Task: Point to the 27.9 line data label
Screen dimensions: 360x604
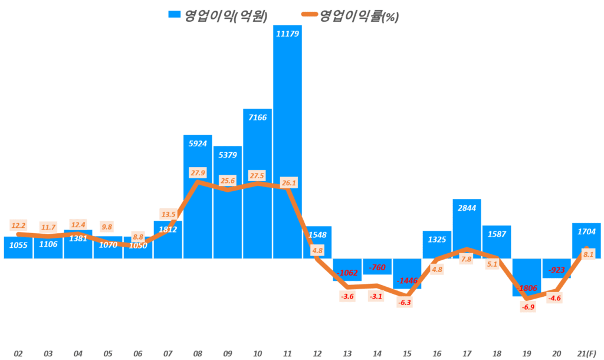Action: point(197,172)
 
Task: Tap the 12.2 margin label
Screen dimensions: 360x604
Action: point(18,225)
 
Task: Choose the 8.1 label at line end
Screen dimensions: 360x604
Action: point(587,254)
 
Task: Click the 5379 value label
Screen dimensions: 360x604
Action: point(227,155)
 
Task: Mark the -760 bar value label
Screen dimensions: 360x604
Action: point(377,268)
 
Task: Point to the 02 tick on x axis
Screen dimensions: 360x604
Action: point(18,353)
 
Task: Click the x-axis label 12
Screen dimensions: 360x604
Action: point(317,353)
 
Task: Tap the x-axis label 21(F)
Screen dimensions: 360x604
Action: point(586,353)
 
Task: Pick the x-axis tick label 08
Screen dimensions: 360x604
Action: point(198,353)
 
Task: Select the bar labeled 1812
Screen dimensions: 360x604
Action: point(168,240)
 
